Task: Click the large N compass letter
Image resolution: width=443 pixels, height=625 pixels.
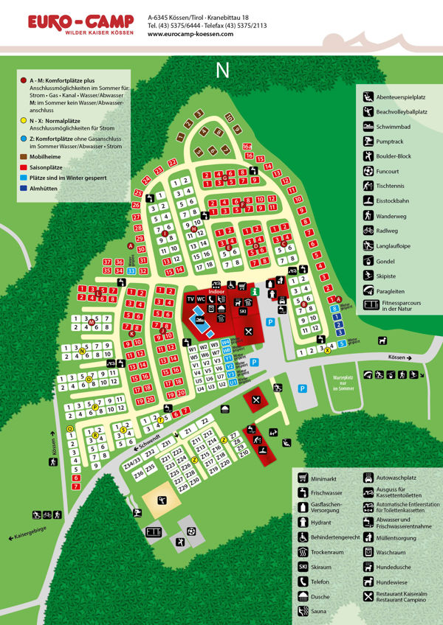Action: (x=221, y=70)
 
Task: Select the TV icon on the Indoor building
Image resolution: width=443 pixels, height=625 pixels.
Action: (x=190, y=299)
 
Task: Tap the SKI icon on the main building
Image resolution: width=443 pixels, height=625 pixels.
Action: (x=243, y=312)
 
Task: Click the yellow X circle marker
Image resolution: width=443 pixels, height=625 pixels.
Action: (x=327, y=351)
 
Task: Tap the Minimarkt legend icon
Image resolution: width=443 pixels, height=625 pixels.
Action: (x=303, y=477)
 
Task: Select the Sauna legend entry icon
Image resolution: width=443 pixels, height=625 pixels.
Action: (x=303, y=611)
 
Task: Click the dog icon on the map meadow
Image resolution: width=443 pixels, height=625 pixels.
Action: (x=382, y=340)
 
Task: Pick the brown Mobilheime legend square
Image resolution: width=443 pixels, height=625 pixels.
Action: (x=24, y=156)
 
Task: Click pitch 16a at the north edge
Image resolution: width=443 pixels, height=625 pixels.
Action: (x=247, y=147)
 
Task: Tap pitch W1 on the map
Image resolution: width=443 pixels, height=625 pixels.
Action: (x=193, y=349)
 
